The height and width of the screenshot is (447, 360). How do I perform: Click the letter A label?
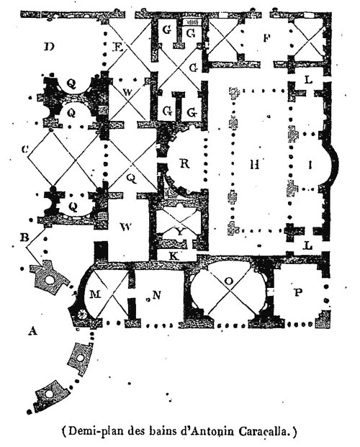coord(33,330)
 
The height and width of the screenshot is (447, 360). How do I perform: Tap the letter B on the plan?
coord(24,238)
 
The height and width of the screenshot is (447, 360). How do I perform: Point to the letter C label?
coord(25,149)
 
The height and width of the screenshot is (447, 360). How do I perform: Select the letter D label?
coord(49,46)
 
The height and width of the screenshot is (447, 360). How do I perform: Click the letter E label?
coord(117,47)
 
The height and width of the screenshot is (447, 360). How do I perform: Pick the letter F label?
coord(266,37)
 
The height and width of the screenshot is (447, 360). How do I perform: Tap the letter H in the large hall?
coord(255,164)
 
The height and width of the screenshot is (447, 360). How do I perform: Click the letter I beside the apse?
coord(311,165)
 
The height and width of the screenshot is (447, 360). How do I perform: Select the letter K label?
coord(174,256)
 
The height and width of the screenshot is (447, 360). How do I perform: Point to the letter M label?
coord(95,294)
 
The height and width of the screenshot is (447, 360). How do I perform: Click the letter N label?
coord(157,295)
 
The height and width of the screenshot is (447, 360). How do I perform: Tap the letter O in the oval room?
coord(228,281)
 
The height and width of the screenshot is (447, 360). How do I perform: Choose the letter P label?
coord(298,292)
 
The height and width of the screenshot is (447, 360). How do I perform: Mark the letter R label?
coord(185,163)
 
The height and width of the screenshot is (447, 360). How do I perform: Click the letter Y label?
coord(180,232)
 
